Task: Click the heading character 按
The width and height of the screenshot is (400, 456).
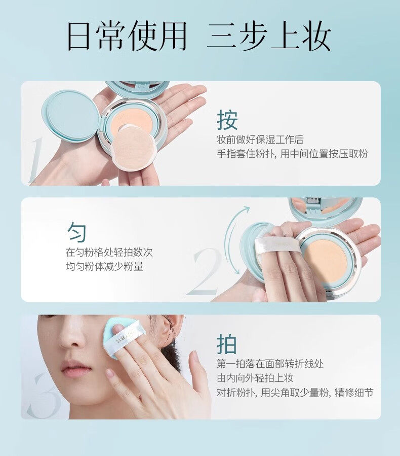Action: [x=227, y=120]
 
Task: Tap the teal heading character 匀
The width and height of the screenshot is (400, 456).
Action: [x=77, y=233]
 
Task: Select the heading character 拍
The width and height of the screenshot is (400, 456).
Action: [x=227, y=344]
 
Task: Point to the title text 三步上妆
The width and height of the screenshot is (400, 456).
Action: [x=269, y=36]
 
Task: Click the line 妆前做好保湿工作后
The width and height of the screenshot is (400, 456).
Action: [x=260, y=140]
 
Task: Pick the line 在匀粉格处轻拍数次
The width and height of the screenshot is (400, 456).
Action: [x=108, y=252]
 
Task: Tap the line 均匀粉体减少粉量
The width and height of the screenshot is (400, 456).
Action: [x=104, y=266]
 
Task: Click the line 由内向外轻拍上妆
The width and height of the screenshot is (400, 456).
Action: [x=255, y=378]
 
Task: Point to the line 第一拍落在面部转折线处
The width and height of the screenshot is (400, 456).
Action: [x=270, y=364]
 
